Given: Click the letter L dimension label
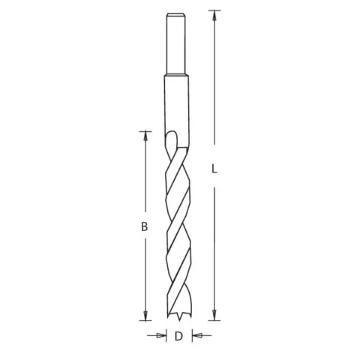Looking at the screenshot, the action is coord(214,169).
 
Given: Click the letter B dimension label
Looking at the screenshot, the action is coord(145,226).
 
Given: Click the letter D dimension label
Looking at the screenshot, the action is coord(178,336).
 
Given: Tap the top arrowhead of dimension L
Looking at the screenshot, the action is coord(214,16).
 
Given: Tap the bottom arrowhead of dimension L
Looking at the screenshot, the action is coord(214,315).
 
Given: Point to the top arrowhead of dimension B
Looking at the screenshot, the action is coord(145,136).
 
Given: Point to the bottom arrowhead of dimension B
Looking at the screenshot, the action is coord(145,316).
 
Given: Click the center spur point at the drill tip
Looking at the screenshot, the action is coord(179,319).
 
